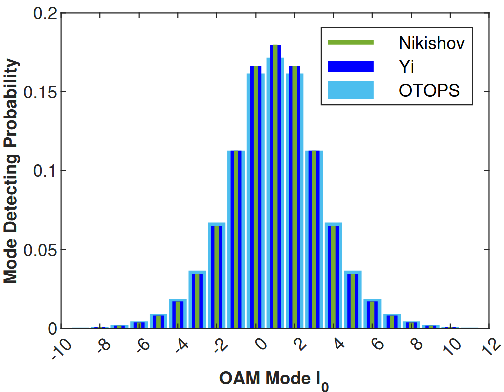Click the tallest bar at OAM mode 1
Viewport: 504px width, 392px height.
pyautogui.click(x=275, y=186)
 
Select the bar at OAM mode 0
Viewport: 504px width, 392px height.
pyautogui.click(x=256, y=197)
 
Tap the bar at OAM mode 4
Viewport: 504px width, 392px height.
pyautogui.click(x=333, y=275)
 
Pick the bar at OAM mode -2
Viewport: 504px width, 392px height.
pyautogui.click(x=217, y=275)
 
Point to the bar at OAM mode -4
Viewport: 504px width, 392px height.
pyautogui.click(x=178, y=313)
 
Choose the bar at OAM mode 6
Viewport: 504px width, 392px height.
pyautogui.click(x=372, y=313)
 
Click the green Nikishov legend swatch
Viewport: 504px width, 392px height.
pyautogui.click(x=351, y=43)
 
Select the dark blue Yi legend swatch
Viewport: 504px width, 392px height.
pyautogui.click(x=351, y=66)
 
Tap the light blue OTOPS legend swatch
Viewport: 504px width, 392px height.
pyautogui.click(x=351, y=90)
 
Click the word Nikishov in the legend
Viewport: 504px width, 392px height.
pyautogui.click(x=431, y=43)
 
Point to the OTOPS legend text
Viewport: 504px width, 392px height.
pyautogui.click(x=429, y=90)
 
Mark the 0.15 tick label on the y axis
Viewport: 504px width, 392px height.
pyautogui.click(x=40, y=92)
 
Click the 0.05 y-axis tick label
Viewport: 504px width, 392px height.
pyautogui.click(x=40, y=250)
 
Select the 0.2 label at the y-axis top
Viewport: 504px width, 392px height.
pyautogui.click(x=45, y=13)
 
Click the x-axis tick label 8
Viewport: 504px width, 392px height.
pyautogui.click(x=417, y=344)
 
